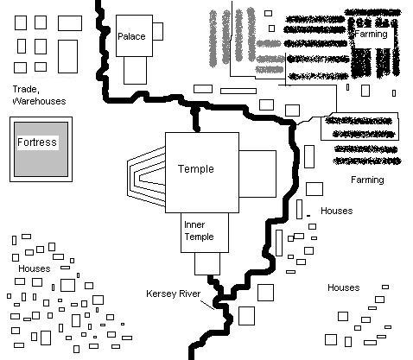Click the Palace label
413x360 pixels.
click(x=131, y=36)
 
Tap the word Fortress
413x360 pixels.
click(x=37, y=142)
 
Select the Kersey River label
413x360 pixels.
click(x=173, y=294)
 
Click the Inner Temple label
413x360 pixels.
click(x=199, y=231)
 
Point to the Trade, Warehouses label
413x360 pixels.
click(x=39, y=95)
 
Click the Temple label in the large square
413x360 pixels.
click(x=196, y=169)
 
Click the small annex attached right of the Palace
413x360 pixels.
click(x=157, y=31)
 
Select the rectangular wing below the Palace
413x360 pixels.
click(x=135, y=70)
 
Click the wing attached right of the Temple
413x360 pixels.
click(x=257, y=174)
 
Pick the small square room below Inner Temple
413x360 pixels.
click(x=207, y=263)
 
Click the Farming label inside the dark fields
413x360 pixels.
click(x=371, y=35)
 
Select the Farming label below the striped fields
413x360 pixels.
click(x=367, y=180)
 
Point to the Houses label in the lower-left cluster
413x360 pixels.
click(x=35, y=268)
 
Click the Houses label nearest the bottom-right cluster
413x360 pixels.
click(x=344, y=287)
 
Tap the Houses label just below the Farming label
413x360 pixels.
click(x=337, y=211)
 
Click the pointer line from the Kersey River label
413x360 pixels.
click(x=207, y=305)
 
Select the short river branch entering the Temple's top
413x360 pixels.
click(x=196, y=119)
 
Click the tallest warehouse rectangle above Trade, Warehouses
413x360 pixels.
click(x=67, y=56)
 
